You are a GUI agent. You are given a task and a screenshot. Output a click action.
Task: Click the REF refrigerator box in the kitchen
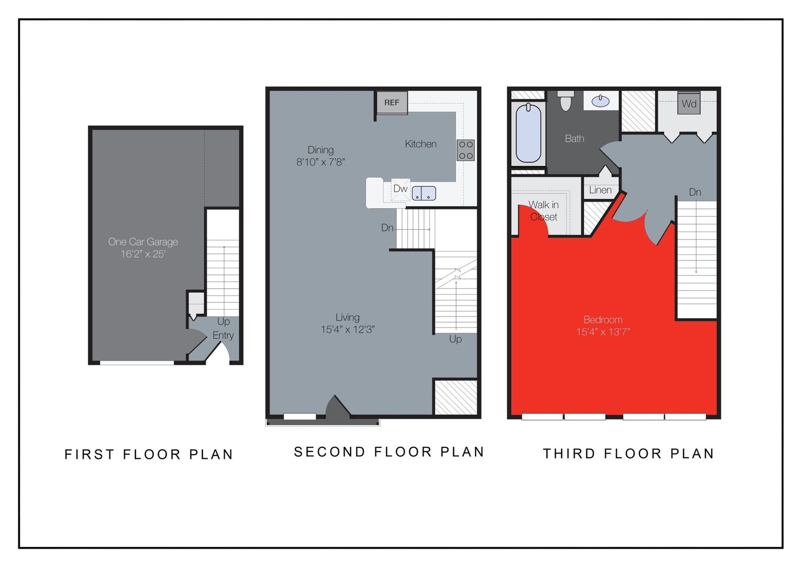click(x=392, y=103)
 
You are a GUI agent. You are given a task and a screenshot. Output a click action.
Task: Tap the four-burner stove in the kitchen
click(x=466, y=150)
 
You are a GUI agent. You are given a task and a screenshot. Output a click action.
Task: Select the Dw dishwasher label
click(x=400, y=188)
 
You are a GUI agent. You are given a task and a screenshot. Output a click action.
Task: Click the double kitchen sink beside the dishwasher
click(x=424, y=193)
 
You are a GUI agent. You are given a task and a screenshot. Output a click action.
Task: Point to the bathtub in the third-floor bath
click(x=528, y=133)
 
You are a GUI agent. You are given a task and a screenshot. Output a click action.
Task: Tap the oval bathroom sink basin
click(x=600, y=101)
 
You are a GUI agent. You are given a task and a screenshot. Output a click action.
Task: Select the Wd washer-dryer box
click(x=689, y=103)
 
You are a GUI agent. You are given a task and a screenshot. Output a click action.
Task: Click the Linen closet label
click(x=600, y=190)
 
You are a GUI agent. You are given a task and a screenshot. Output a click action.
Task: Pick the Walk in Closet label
click(x=543, y=211)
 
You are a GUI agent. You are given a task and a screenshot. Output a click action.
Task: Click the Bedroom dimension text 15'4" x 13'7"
click(x=603, y=332)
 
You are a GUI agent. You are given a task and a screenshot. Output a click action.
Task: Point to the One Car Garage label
click(x=143, y=242)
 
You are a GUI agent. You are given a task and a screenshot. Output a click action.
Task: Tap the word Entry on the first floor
click(x=223, y=335)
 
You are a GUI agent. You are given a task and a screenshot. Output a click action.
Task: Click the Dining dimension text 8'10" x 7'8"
click(x=320, y=162)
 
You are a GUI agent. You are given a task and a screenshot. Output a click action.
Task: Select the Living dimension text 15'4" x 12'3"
click(x=347, y=330)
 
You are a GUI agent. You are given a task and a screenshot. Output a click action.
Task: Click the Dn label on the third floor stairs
click(x=695, y=192)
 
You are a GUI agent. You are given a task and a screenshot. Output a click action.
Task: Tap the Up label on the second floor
click(x=455, y=339)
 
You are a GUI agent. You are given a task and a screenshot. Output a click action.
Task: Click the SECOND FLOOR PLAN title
click(x=389, y=452)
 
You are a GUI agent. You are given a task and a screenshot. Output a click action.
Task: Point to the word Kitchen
click(x=420, y=144)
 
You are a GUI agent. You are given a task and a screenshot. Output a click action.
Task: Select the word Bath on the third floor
click(x=574, y=139)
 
